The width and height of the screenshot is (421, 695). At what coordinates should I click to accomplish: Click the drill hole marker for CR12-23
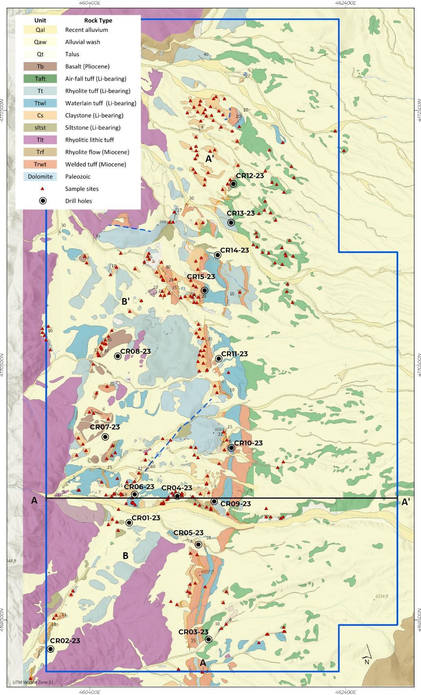pyautogui.click(x=233, y=184)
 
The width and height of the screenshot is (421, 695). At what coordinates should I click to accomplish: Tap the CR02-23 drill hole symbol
pyautogui.click(x=50, y=649)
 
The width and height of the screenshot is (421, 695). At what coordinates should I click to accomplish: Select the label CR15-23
pyautogui.click(x=201, y=277)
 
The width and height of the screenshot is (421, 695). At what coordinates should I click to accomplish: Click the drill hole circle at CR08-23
pyautogui.click(x=118, y=356)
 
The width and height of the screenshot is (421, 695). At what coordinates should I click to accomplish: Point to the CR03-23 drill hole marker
pyautogui.click(x=208, y=639)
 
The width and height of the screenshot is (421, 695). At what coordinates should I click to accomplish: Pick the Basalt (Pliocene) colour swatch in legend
pyautogui.click(x=40, y=66)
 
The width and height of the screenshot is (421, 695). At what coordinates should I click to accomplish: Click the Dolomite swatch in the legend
pyautogui.click(x=40, y=176)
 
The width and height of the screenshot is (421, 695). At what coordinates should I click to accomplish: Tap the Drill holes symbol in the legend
pyautogui.click(x=42, y=201)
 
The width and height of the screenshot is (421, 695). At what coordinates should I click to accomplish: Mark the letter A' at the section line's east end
pyautogui.click(x=406, y=502)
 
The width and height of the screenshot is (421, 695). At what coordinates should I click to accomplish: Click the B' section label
pyautogui.click(x=126, y=301)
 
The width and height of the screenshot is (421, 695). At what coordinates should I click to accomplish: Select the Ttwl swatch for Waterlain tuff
pyautogui.click(x=40, y=103)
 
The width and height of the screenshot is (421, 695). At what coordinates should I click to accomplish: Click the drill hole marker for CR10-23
pyautogui.click(x=231, y=448)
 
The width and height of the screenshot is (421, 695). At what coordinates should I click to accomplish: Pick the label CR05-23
pyautogui.click(x=188, y=533)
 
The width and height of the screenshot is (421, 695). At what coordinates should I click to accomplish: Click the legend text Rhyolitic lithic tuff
pyautogui.click(x=90, y=140)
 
